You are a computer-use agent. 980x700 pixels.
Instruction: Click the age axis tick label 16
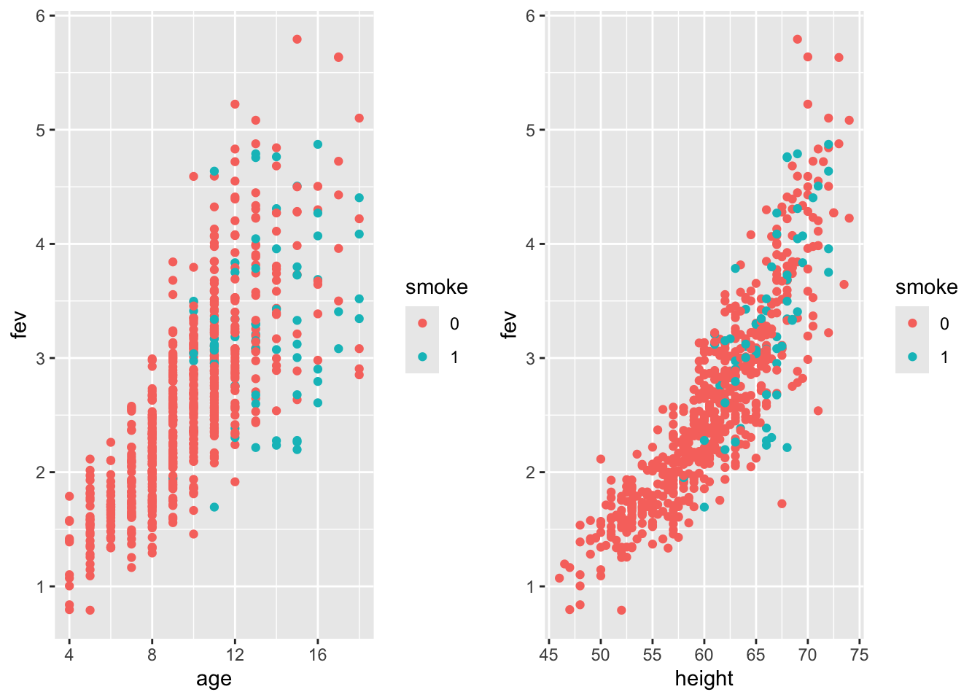pos(318,654)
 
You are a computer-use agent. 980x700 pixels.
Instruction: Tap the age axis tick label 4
pos(69,654)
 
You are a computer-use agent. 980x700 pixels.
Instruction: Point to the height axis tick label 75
pos(860,654)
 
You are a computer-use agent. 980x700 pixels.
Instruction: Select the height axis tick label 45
pos(548,654)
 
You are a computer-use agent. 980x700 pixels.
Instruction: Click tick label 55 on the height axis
pos(652,654)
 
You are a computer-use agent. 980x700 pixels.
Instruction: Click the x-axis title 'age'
pos(214,680)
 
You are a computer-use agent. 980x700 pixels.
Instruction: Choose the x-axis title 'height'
pos(704,680)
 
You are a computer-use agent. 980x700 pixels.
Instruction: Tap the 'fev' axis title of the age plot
pos(20,325)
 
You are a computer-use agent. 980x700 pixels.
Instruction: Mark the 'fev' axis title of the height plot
pos(510,325)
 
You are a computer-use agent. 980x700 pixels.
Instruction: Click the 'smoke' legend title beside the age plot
pos(436,287)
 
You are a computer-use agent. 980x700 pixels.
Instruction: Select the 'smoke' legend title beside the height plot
pos(926,287)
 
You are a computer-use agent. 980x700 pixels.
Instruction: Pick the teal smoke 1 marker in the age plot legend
pos(422,357)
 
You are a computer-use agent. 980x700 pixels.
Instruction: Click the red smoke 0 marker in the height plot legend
pos(912,324)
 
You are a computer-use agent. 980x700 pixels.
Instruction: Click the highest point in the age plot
pos(297,39)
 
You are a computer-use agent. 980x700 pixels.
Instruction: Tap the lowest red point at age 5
pos(90,610)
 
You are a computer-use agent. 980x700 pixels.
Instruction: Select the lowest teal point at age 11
pos(214,507)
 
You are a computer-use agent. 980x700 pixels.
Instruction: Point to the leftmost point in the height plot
pos(559,578)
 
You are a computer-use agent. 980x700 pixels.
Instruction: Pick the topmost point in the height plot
pos(797,39)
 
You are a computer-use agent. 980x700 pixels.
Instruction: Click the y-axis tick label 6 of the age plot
pos(41,16)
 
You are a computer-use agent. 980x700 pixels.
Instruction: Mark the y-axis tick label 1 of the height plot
pos(531,586)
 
